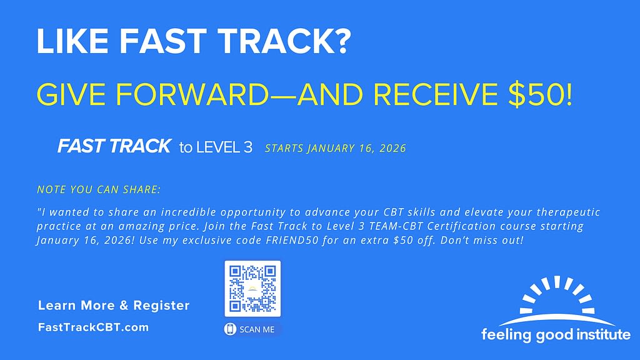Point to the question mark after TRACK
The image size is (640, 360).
pyautogui.click(x=341, y=41)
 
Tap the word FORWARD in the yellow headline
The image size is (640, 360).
pyautogui.click(x=192, y=94)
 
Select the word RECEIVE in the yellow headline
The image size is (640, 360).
pyautogui.click(x=436, y=94)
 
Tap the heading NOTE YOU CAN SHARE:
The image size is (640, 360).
pyautogui.click(x=99, y=189)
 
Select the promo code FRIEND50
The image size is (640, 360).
pyautogui.click(x=292, y=240)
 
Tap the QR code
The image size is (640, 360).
pyautogui.click(x=252, y=289)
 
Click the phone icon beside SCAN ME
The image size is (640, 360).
pyautogui.click(x=230, y=329)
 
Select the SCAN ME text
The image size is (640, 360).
pyautogui.click(x=257, y=329)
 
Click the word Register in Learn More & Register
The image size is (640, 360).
pyautogui.click(x=161, y=306)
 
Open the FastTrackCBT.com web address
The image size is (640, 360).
pyautogui.click(x=94, y=327)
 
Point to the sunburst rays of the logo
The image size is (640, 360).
pyautogui.click(x=557, y=294)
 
